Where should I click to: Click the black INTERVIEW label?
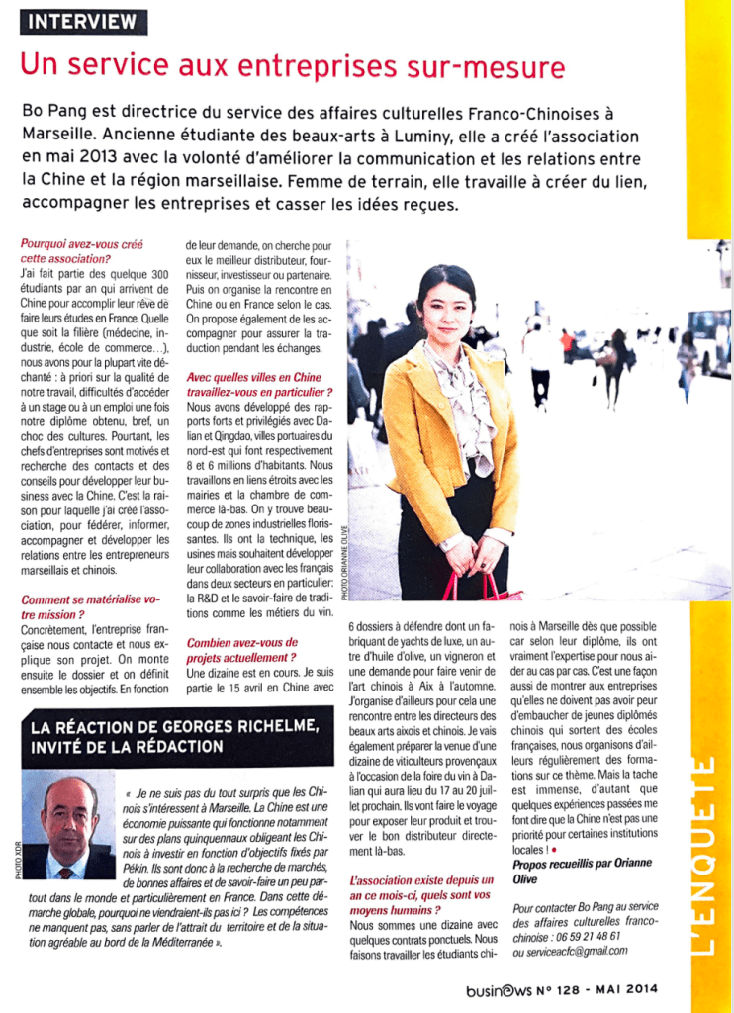coord(83,22)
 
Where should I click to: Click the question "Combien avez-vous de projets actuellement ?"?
coord(243,649)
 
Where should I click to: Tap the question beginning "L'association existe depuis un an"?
coord(421,887)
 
